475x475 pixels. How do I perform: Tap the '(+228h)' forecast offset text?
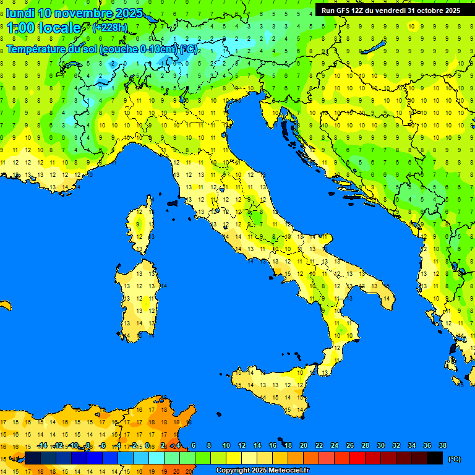pyautogui.click(x=110, y=28)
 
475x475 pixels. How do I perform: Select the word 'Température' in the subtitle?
pyautogui.click(x=38, y=49)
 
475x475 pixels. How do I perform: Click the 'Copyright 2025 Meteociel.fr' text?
pyautogui.click(x=262, y=470)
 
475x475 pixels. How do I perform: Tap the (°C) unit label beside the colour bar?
pyautogui.click(x=454, y=459)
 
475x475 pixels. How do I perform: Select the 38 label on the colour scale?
pyautogui.click(x=442, y=445)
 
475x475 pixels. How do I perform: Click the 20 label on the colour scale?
pyautogui.click(x=304, y=445)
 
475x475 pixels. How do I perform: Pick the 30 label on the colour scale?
pyautogui.click(x=381, y=445)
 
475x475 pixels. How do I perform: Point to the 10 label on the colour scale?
pyautogui.click(x=226, y=445)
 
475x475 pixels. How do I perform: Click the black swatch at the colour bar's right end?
pyautogui.click(x=435, y=458)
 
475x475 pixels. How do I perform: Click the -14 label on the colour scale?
pyautogui.click(x=42, y=445)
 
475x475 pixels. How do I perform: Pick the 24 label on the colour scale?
pyautogui.click(x=335, y=445)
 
